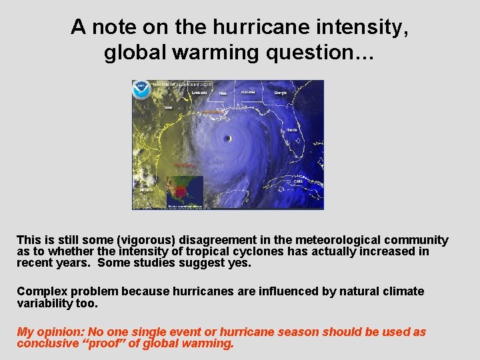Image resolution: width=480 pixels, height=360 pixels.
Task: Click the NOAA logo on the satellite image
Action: coord(141,90)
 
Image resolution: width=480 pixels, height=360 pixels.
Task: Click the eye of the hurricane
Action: coord(227,139)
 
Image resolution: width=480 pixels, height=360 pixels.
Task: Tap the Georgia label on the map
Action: coord(279,93)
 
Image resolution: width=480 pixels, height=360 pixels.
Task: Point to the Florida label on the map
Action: coord(292,130)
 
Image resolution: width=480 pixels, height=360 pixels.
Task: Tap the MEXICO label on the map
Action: coord(146,189)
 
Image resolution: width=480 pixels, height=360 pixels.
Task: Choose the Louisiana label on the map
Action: coord(199,93)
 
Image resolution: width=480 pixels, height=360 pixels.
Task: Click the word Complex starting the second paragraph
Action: coord(41,291)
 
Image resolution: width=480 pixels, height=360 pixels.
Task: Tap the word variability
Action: coord(41,303)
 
